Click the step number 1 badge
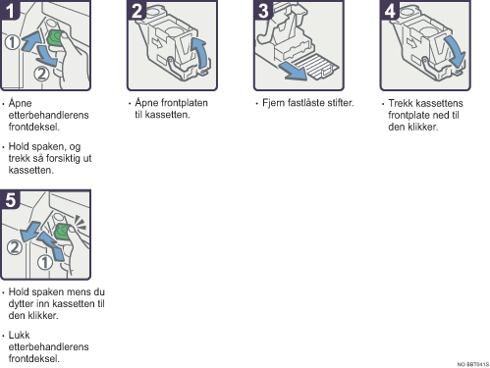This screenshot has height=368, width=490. [x=10, y=10]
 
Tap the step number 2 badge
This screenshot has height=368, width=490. [x=136, y=10]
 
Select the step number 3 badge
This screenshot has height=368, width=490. [x=263, y=10]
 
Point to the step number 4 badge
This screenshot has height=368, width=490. [x=390, y=10]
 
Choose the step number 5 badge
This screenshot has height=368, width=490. [x=10, y=199]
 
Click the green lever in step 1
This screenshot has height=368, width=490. [x=55, y=38]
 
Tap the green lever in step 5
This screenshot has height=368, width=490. [x=62, y=232]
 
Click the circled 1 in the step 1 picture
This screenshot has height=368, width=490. [x=13, y=42]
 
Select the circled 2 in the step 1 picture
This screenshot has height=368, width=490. [x=41, y=74]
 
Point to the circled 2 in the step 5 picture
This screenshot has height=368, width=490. [x=15, y=247]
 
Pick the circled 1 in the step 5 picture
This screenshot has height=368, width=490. [x=45, y=262]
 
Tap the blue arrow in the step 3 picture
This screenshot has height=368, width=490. [x=292, y=71]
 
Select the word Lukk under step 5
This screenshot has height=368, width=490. [x=19, y=335]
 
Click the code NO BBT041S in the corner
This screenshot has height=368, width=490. [x=472, y=364]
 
